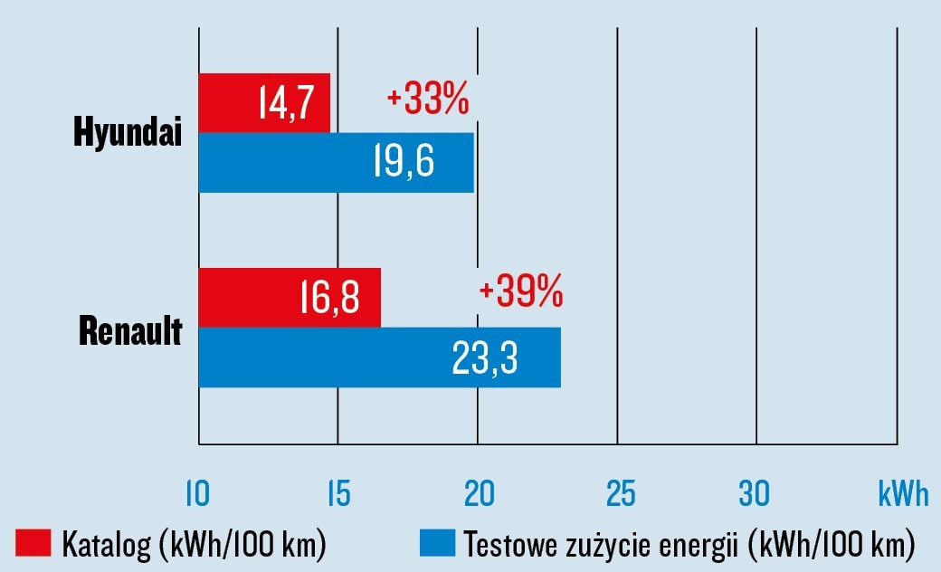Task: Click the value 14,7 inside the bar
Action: (x=285, y=103)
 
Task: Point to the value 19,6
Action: (x=404, y=163)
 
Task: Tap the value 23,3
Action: (x=484, y=357)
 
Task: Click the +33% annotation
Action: (x=427, y=100)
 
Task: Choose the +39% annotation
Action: (x=520, y=292)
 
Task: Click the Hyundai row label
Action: (x=128, y=134)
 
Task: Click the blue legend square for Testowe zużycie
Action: (x=436, y=545)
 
